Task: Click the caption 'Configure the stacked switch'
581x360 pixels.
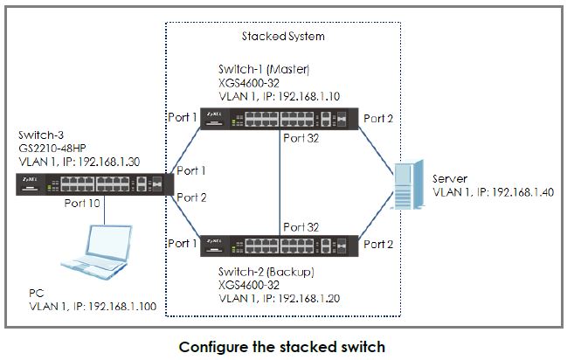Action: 281,346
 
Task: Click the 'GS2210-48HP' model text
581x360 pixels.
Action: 48,149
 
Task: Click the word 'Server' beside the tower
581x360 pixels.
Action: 450,177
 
